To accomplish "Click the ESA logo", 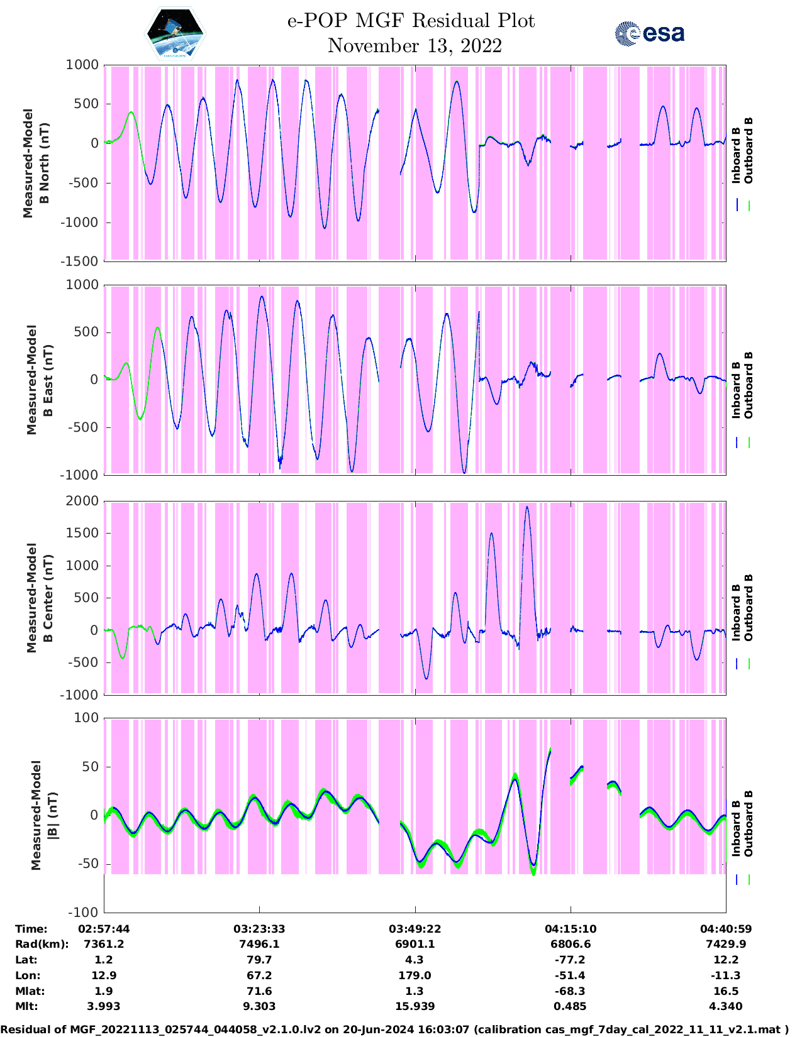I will point(649,33).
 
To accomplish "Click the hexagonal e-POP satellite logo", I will point(175,33).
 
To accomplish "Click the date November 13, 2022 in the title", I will point(415,46).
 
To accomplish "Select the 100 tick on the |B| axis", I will point(87,718).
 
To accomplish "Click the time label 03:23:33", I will point(259,928).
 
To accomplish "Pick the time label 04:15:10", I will point(571,928).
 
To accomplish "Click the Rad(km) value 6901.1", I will point(415,944).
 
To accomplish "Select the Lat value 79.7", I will point(259,960).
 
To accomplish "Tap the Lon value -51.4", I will point(571,975).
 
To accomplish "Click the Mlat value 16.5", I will point(726,991).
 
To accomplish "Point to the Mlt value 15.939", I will point(415,1006).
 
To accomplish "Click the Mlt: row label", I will point(26,1006).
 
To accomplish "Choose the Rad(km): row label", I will point(42,944).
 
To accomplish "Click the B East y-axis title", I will point(39,380).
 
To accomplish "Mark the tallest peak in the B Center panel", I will point(527,507).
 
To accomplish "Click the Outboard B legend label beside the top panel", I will point(749,151).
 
